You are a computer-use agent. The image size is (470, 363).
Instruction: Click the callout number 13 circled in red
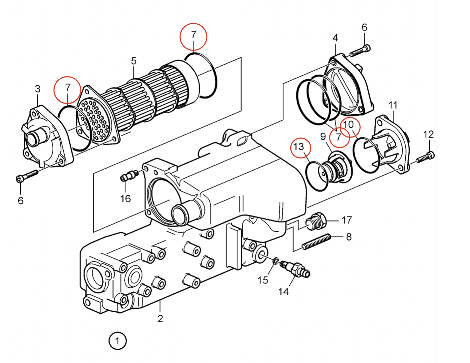point(299,147)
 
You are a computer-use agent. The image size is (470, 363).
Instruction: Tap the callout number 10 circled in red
point(348,125)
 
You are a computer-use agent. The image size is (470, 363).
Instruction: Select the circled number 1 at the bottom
point(117,341)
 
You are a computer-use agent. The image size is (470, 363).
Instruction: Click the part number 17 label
point(347,220)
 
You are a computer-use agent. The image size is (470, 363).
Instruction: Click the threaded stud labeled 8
point(316,242)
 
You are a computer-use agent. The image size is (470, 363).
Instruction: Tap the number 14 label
point(283,292)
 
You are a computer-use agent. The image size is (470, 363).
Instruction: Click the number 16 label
point(125,199)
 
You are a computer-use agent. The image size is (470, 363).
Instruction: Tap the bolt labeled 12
point(425,158)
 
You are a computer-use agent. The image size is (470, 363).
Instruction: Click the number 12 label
point(429,135)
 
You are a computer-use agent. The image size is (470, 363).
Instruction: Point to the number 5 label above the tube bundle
point(134,61)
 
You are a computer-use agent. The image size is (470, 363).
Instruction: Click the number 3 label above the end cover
point(37,89)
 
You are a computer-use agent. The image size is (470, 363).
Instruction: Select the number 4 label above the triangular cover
point(335,38)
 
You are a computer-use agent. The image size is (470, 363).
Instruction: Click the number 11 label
point(393,105)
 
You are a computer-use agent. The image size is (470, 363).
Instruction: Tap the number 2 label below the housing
point(160,319)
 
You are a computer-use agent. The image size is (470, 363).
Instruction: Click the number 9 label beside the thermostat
point(323,136)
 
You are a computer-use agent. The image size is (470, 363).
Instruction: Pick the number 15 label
point(263,280)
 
